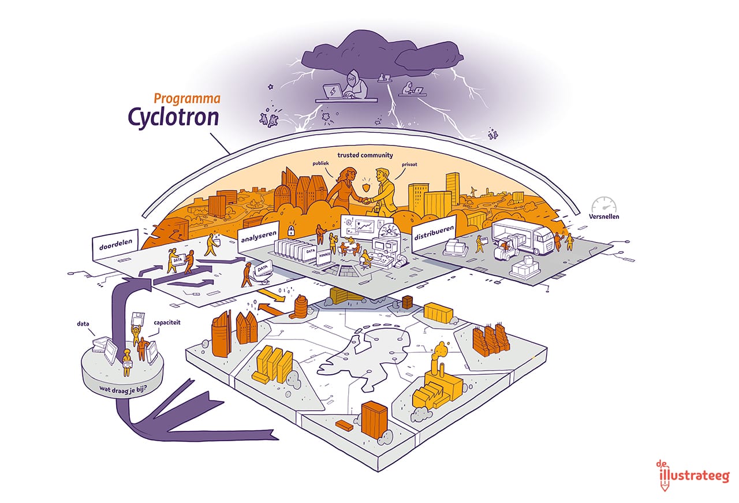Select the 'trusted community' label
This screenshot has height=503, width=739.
point(365,155)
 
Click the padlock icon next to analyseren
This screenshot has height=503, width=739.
point(292,230)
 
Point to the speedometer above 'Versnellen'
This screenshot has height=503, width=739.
point(604,206)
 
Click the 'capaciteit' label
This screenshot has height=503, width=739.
point(166,324)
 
